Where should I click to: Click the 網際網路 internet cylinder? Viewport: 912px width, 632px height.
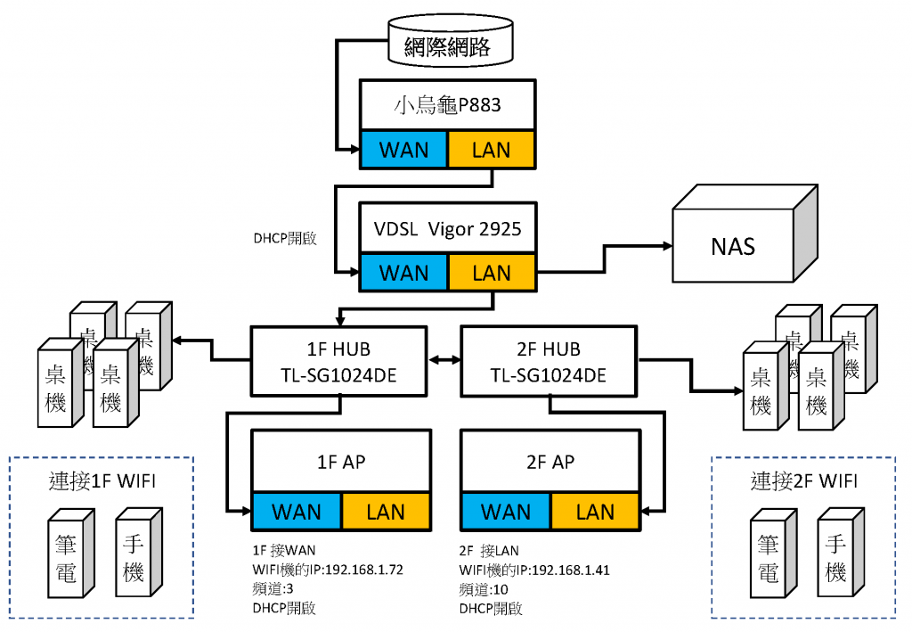[452, 46]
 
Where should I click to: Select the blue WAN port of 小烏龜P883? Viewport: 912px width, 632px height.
[403, 149]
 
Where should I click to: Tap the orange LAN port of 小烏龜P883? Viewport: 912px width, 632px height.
[491, 149]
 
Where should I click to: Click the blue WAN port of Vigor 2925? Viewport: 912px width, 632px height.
[403, 273]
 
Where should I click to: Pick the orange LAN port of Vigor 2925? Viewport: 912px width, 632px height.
[491, 273]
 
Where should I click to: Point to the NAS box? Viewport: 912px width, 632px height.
[733, 245]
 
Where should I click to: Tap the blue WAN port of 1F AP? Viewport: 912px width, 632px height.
[297, 512]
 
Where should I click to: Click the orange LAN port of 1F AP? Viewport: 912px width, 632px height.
[386, 512]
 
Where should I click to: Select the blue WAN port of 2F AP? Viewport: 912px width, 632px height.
[505, 512]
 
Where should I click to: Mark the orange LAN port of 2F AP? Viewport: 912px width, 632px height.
[594, 512]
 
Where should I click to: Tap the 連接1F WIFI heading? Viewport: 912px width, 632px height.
[102, 482]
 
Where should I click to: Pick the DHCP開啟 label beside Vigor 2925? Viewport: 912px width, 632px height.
[287, 239]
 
